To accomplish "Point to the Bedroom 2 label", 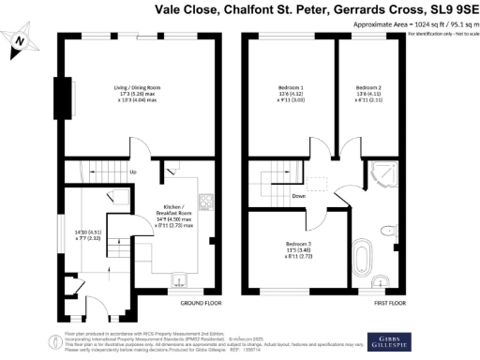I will pos(362,92).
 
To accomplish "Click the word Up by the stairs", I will pos(132,172).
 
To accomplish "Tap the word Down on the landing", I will pos(298,196).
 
